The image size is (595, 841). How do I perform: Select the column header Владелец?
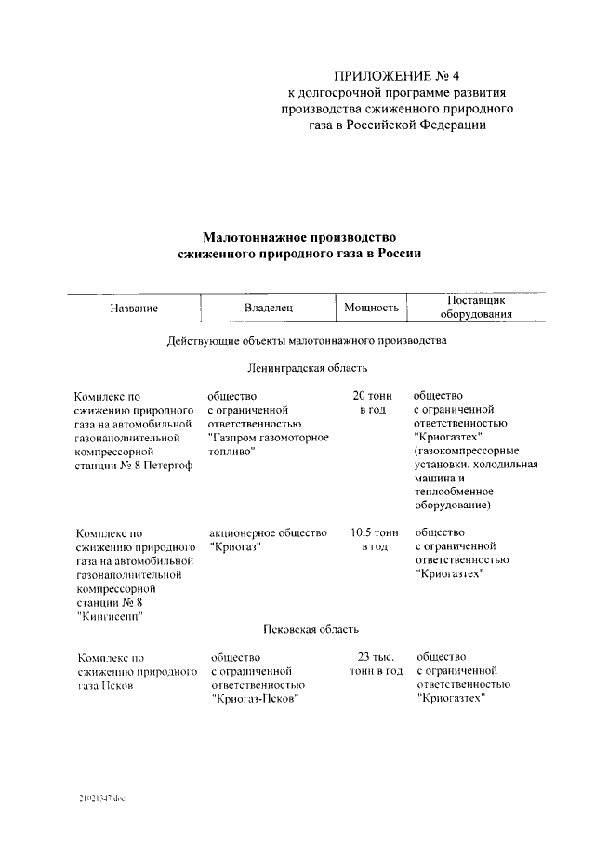click(x=269, y=308)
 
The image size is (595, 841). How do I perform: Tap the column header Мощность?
click(x=372, y=308)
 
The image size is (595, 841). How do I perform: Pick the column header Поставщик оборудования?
click(x=475, y=308)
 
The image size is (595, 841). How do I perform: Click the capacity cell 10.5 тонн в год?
click(x=374, y=541)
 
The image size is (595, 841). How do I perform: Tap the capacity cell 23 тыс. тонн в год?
click(x=374, y=664)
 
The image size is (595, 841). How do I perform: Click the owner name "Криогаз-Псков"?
click(x=259, y=700)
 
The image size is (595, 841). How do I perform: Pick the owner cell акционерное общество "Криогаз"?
click(x=268, y=541)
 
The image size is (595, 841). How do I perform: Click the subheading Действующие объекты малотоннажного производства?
click(x=307, y=341)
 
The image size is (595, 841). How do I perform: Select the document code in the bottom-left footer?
click(x=101, y=799)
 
